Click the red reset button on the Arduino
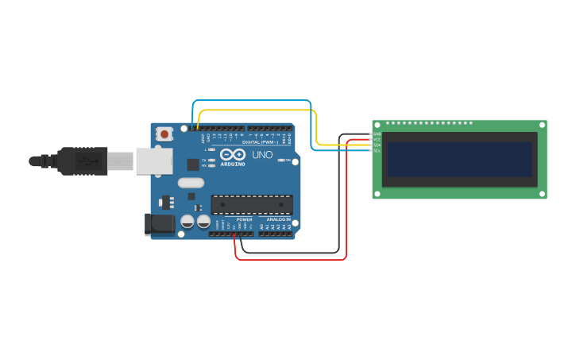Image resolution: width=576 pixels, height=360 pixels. click(x=164, y=134)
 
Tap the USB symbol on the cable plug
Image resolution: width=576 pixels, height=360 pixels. click(x=87, y=161)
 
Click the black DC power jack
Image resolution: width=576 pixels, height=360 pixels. click(x=160, y=224)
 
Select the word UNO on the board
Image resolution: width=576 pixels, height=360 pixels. click(x=262, y=155)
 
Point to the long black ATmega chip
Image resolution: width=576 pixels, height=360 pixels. click(x=251, y=205)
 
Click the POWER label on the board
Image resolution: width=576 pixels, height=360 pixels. click(x=244, y=219)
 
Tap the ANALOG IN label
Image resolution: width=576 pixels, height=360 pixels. click(x=278, y=219)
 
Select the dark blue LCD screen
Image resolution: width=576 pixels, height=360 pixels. click(x=459, y=160)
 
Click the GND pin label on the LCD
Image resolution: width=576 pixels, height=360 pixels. click(x=377, y=134)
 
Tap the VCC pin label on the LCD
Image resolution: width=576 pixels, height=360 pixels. click(x=377, y=139)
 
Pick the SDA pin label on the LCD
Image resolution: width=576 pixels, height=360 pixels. click(x=377, y=145)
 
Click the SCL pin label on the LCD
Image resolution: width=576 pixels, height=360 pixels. click(x=377, y=150)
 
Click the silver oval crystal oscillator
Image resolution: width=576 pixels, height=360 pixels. click(x=191, y=183)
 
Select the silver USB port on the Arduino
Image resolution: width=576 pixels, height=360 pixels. click(x=153, y=161)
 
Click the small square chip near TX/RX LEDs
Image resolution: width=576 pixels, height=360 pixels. click(x=193, y=165)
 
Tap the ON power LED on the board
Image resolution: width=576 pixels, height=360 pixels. click(x=282, y=160)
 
